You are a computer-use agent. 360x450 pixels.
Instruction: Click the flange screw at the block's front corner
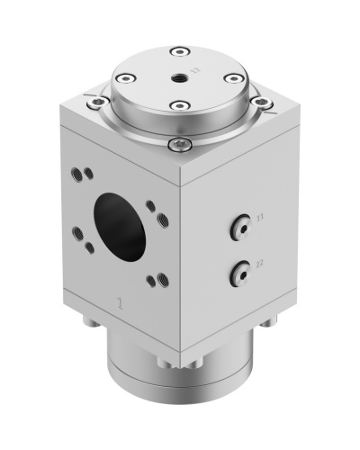(x=180, y=143)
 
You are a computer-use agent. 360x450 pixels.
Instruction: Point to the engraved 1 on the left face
(x=121, y=303)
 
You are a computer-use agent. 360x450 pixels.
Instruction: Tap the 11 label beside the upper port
(x=259, y=218)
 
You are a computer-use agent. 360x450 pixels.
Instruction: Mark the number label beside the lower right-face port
(x=259, y=264)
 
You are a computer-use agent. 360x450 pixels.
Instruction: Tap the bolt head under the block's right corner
(x=266, y=321)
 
